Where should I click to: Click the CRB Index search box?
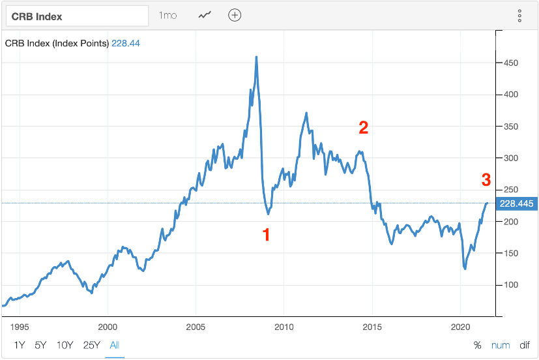click(x=78, y=15)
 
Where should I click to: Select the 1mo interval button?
click(x=168, y=15)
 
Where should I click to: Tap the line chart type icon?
click(x=205, y=15)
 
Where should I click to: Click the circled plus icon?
click(x=235, y=15)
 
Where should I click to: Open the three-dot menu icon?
click(x=519, y=16)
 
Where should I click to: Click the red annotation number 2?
click(x=364, y=128)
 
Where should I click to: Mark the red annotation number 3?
click(x=486, y=180)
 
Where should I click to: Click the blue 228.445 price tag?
click(x=516, y=204)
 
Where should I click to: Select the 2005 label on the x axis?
click(x=196, y=326)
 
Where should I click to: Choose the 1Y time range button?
click(x=20, y=345)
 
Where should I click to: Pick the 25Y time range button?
click(x=91, y=345)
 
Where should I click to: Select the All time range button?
click(x=115, y=345)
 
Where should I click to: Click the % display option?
click(x=477, y=345)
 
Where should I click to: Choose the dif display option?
click(x=525, y=345)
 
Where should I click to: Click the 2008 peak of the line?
click(x=256, y=57)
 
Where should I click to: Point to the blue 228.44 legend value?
click(x=126, y=44)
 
